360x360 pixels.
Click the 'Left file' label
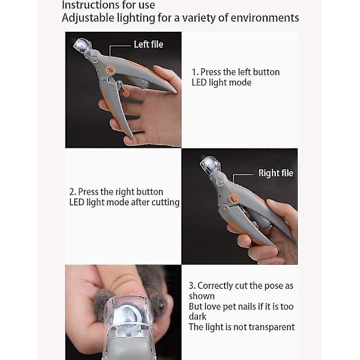pyautogui.click(x=149, y=44)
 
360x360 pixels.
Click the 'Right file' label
pyautogui.click(x=276, y=173)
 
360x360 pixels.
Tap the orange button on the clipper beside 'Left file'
pyautogui.click(x=110, y=70)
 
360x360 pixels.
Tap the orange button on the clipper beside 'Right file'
pyautogui.click(x=234, y=197)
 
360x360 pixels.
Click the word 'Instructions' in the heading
pyautogui.click(x=88, y=5)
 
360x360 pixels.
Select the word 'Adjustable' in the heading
pyautogui.click(x=88, y=18)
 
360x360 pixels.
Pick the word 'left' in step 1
pyautogui.click(x=244, y=72)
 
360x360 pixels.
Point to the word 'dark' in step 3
pyautogui.click(x=197, y=317)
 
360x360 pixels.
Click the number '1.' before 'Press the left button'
pyautogui.click(x=195, y=72)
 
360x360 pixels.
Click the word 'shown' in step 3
pyautogui.click(x=202, y=296)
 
